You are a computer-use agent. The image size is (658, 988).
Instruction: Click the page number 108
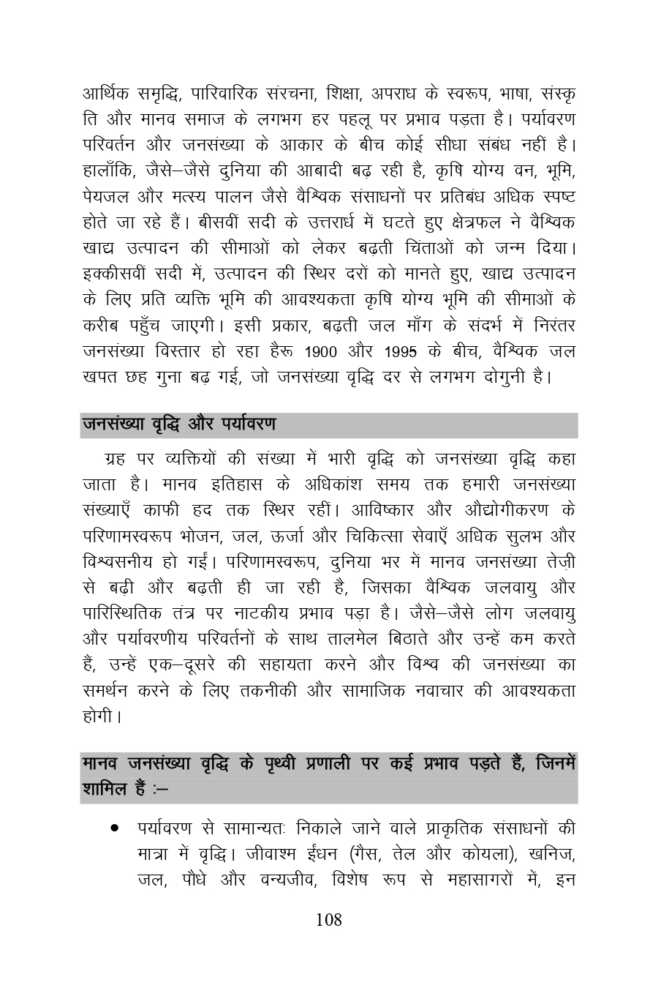pos(328,920)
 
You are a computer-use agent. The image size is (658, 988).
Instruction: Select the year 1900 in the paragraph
pos(322,352)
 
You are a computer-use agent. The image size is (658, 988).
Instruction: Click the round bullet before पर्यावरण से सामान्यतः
pos(114,828)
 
